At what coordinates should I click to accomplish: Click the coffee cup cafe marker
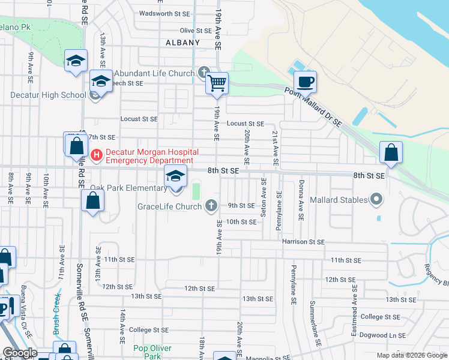click(x=305, y=82)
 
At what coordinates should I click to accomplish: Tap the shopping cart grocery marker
click(x=217, y=83)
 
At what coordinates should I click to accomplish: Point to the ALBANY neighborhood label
click(x=182, y=43)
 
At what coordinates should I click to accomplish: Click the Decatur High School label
click(x=48, y=95)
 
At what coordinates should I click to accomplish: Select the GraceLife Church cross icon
click(x=211, y=206)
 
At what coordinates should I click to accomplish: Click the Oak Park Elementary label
click(x=128, y=188)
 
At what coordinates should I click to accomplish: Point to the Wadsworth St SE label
click(x=164, y=13)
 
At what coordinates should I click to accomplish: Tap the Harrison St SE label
click(x=303, y=241)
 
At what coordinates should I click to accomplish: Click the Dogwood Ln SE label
click(x=383, y=335)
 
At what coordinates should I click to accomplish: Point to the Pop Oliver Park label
click(x=152, y=352)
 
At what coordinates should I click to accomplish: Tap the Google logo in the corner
click(x=19, y=353)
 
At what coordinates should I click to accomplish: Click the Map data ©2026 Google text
click(x=411, y=355)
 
